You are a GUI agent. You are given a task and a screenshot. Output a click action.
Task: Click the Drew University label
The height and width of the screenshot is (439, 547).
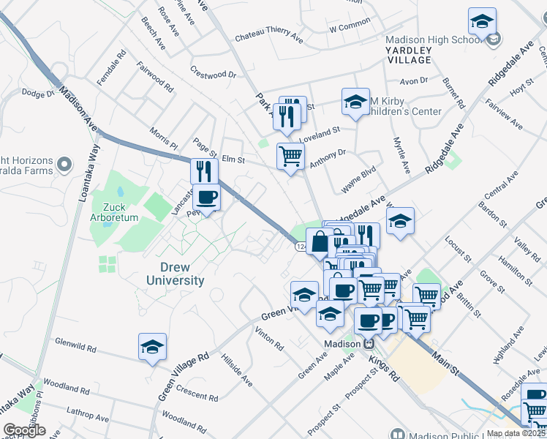175,274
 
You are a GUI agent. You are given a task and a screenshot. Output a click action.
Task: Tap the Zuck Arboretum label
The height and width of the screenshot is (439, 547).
114,211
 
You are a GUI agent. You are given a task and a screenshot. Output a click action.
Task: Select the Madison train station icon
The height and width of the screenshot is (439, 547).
369,343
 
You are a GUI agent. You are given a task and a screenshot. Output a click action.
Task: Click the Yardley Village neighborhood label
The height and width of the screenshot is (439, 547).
409,55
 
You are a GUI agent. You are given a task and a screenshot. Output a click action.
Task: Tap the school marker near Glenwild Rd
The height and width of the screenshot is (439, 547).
152,347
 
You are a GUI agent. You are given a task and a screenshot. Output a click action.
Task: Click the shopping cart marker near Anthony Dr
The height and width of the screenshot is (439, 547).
290,155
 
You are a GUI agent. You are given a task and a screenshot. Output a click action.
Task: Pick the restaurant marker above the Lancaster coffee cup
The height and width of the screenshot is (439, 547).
204,170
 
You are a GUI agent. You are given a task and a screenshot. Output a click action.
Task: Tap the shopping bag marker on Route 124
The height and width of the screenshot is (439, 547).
320,240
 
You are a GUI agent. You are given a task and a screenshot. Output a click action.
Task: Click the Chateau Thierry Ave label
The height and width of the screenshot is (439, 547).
268,36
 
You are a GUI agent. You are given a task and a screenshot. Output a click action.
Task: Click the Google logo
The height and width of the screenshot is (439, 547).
24,430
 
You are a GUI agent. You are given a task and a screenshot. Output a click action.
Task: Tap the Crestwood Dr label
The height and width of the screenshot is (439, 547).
214,74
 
